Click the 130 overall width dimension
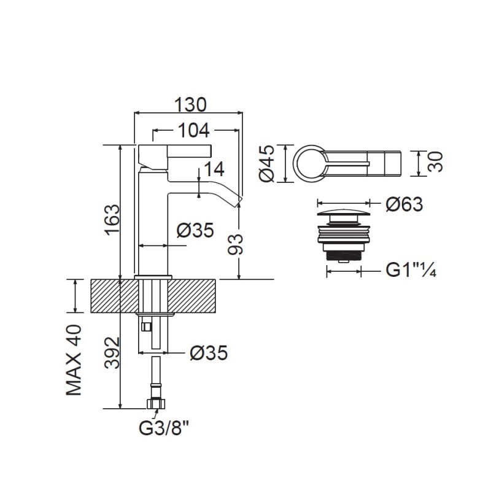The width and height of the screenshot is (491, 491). click(190, 104)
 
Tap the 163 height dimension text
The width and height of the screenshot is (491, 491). click(112, 220)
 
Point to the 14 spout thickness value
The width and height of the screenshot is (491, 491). click(214, 169)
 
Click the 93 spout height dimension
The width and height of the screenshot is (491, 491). click(236, 244)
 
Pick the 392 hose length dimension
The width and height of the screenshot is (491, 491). click(112, 352)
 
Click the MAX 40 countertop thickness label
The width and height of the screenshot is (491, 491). click(74, 360)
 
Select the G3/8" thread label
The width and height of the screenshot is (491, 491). click(164, 428)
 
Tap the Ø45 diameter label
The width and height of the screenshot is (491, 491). click(267, 163)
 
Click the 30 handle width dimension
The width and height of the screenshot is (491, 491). click(436, 161)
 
